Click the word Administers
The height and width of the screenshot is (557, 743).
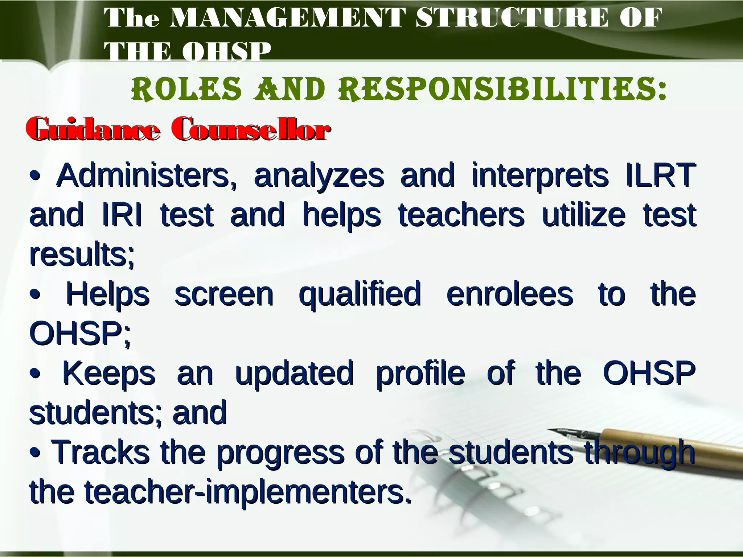(147, 176)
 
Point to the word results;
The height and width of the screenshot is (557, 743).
(82, 255)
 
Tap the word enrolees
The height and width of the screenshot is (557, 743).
(509, 294)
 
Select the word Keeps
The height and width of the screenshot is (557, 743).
(109, 374)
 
